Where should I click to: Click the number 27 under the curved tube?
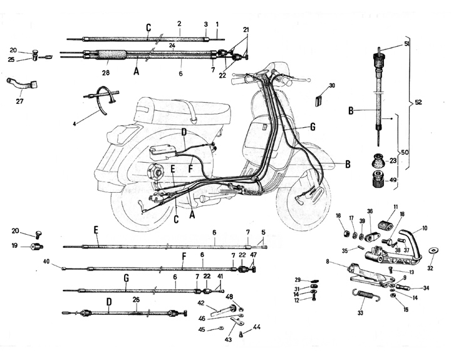(x=19, y=101)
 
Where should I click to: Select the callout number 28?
(x=106, y=73)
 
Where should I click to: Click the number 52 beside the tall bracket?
(x=418, y=102)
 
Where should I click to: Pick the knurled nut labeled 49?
(x=380, y=180)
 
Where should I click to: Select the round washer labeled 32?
(x=432, y=250)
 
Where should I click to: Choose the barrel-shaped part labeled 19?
(x=37, y=247)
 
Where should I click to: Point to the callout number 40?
(x=46, y=261)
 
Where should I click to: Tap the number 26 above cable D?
(x=136, y=300)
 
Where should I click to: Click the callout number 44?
(x=257, y=327)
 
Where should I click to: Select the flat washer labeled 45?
(x=221, y=327)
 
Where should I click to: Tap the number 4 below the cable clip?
(x=74, y=124)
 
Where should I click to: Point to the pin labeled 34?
(x=404, y=287)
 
